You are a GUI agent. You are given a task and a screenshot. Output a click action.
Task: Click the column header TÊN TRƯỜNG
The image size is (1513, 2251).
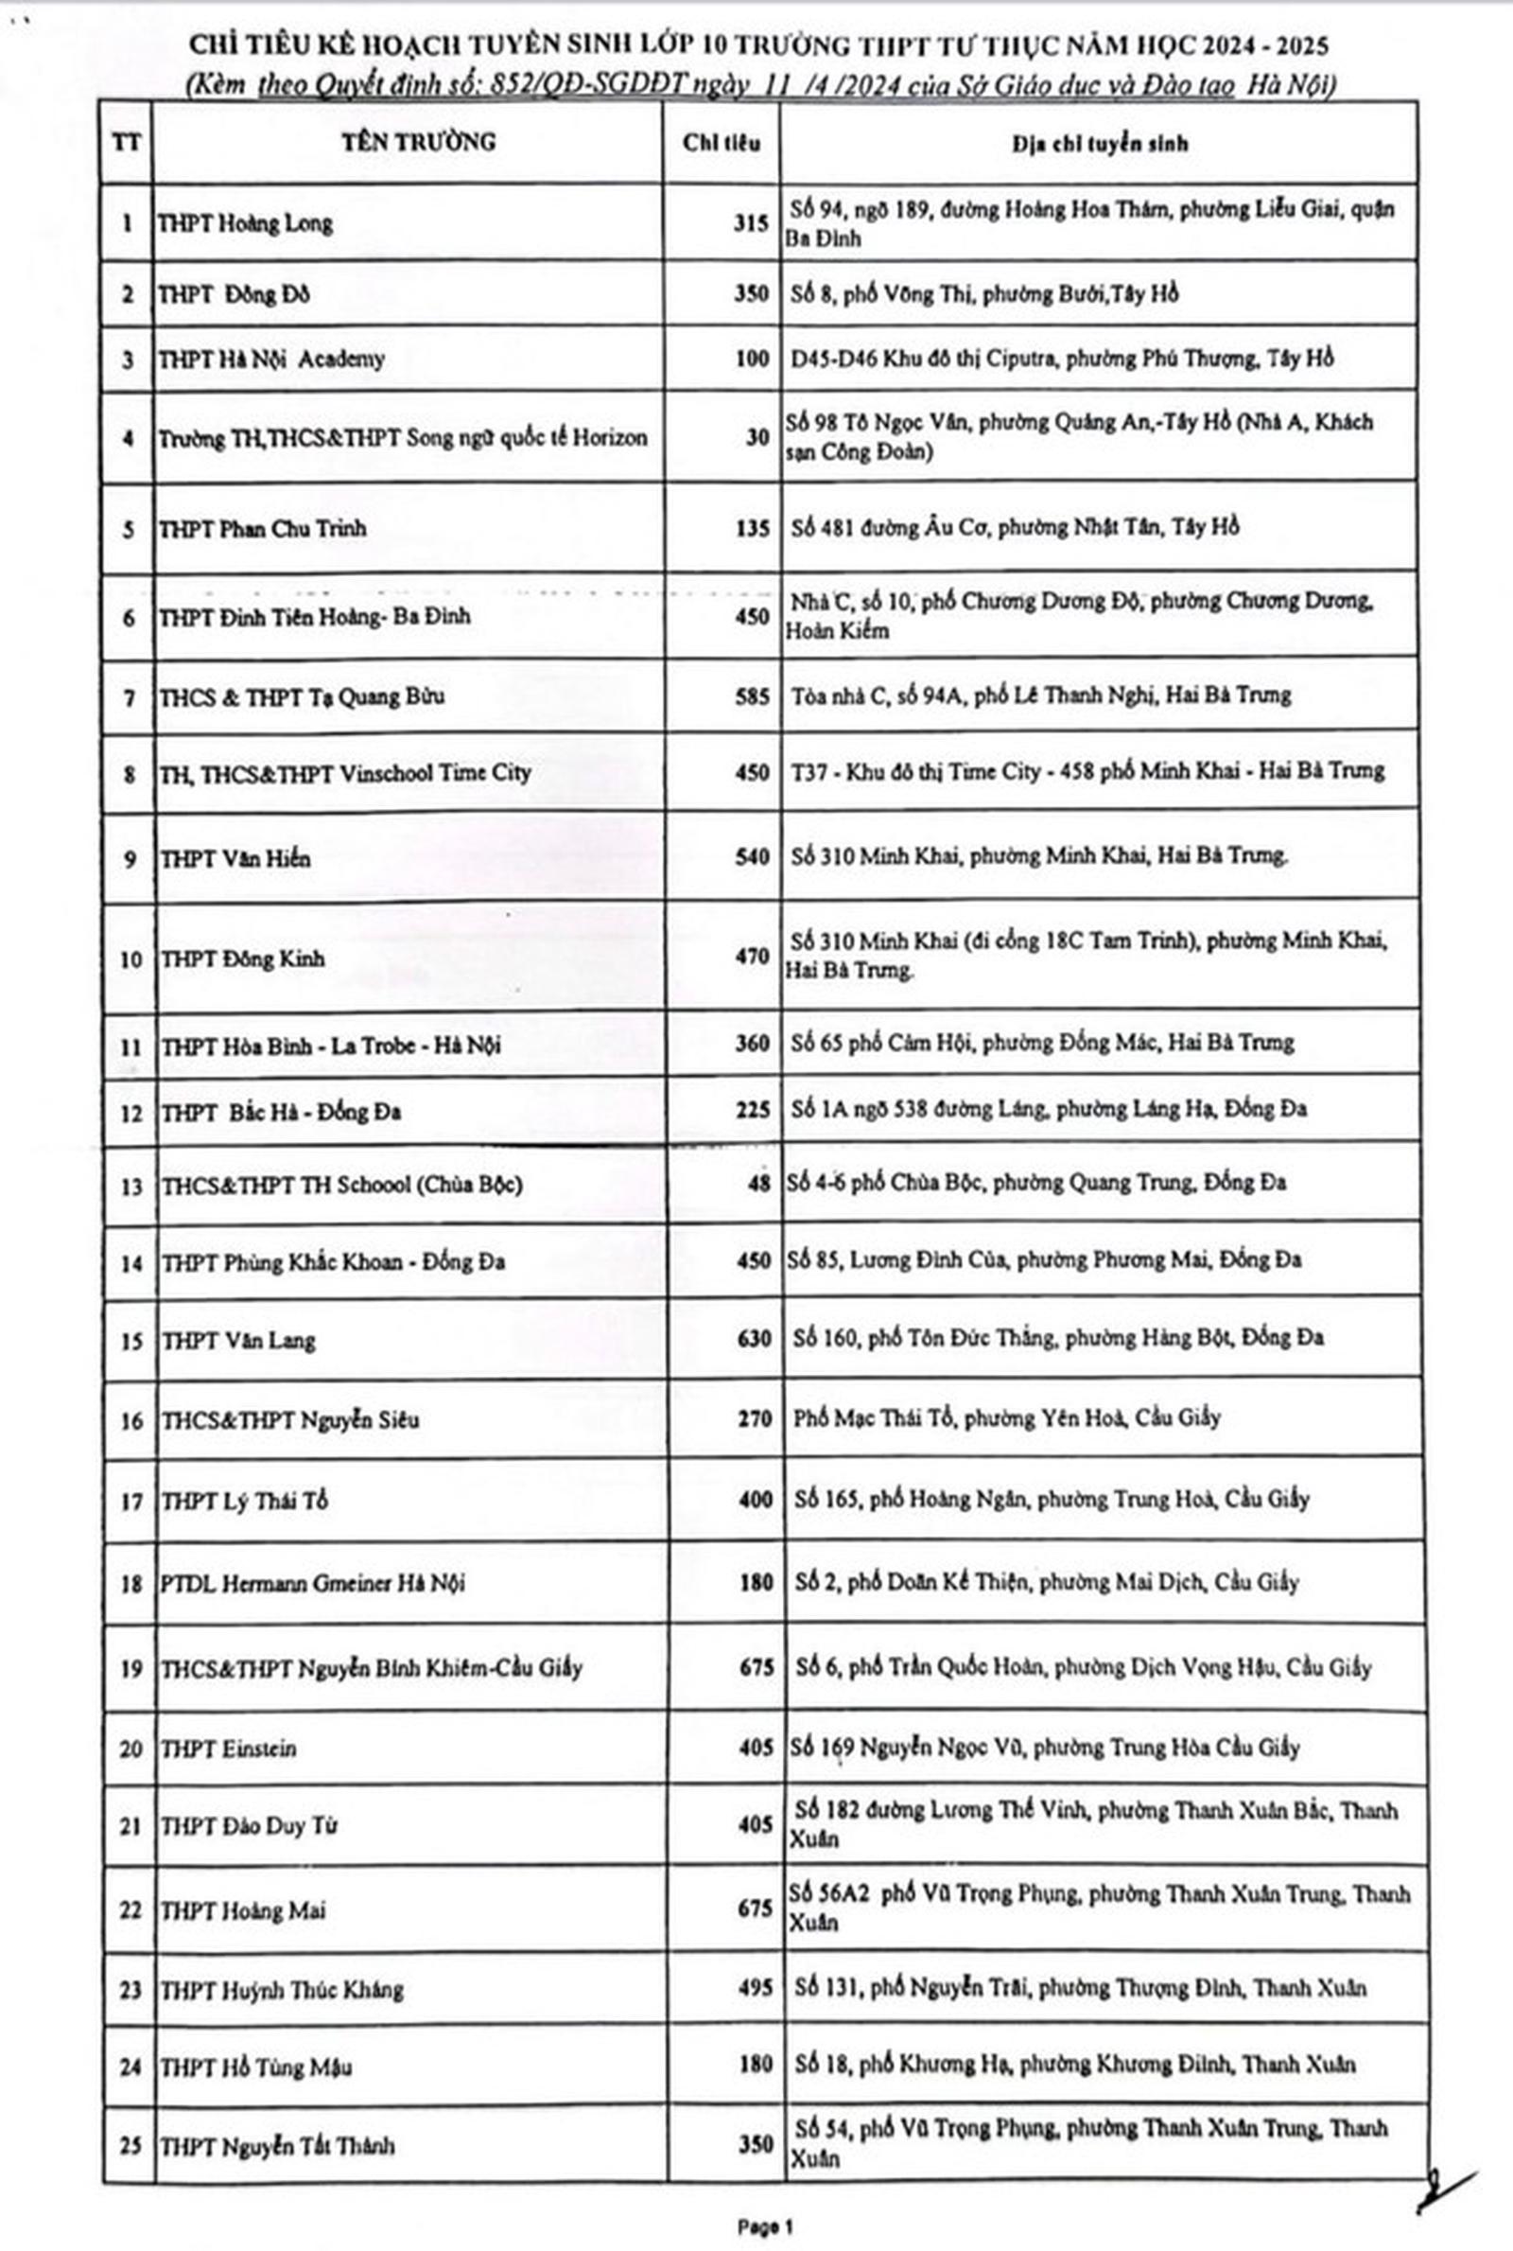click(418, 142)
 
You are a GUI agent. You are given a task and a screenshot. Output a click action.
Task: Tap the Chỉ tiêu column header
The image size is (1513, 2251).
click(721, 143)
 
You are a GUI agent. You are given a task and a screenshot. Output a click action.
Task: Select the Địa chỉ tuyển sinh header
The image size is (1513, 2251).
click(1099, 144)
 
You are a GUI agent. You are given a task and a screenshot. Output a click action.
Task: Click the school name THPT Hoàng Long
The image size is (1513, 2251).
click(245, 224)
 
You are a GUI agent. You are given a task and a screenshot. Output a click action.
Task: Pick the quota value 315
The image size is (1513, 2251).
click(750, 223)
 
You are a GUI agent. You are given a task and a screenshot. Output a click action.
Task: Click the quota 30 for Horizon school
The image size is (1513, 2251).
click(756, 437)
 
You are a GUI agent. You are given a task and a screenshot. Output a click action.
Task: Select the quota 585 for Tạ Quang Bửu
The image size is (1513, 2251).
click(752, 696)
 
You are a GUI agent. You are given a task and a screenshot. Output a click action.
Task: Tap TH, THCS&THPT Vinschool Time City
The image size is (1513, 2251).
click(345, 773)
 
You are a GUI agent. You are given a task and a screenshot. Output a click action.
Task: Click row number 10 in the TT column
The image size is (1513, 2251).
click(130, 959)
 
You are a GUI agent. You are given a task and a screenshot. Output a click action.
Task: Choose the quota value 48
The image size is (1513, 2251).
click(757, 1184)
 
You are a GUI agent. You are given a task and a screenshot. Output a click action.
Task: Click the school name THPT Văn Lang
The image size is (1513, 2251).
click(238, 1341)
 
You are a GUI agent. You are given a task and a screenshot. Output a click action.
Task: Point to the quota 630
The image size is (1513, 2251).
click(753, 1339)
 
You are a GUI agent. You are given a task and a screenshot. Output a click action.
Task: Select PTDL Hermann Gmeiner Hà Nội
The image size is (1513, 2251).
click(312, 1583)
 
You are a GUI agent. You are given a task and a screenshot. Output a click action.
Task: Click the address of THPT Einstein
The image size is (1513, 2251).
click(1044, 1748)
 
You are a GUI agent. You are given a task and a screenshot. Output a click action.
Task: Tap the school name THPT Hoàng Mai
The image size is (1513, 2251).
click(243, 1910)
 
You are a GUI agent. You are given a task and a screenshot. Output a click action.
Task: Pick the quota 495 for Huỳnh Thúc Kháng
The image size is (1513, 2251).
click(754, 1987)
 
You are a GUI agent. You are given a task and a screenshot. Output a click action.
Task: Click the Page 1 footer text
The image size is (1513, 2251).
click(764, 2226)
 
